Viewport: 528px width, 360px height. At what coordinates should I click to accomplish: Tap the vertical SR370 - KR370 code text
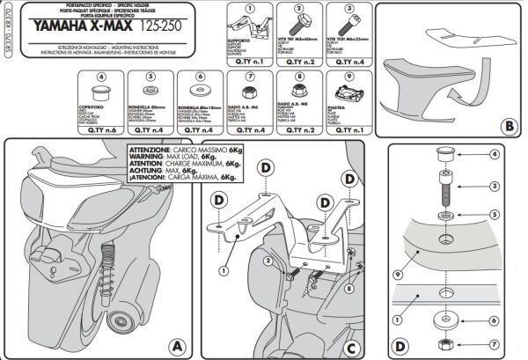8,40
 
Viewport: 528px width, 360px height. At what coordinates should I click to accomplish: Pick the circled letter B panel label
509,124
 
